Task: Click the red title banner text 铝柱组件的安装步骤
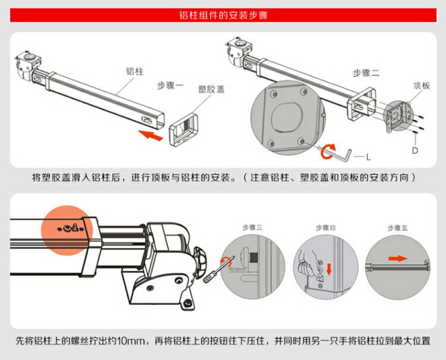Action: click(223, 15)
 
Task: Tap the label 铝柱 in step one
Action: click(134, 71)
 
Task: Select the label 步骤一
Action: click(171, 85)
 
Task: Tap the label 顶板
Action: click(421, 86)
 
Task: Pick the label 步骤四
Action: click(325, 227)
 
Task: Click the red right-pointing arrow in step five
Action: click(395, 258)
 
